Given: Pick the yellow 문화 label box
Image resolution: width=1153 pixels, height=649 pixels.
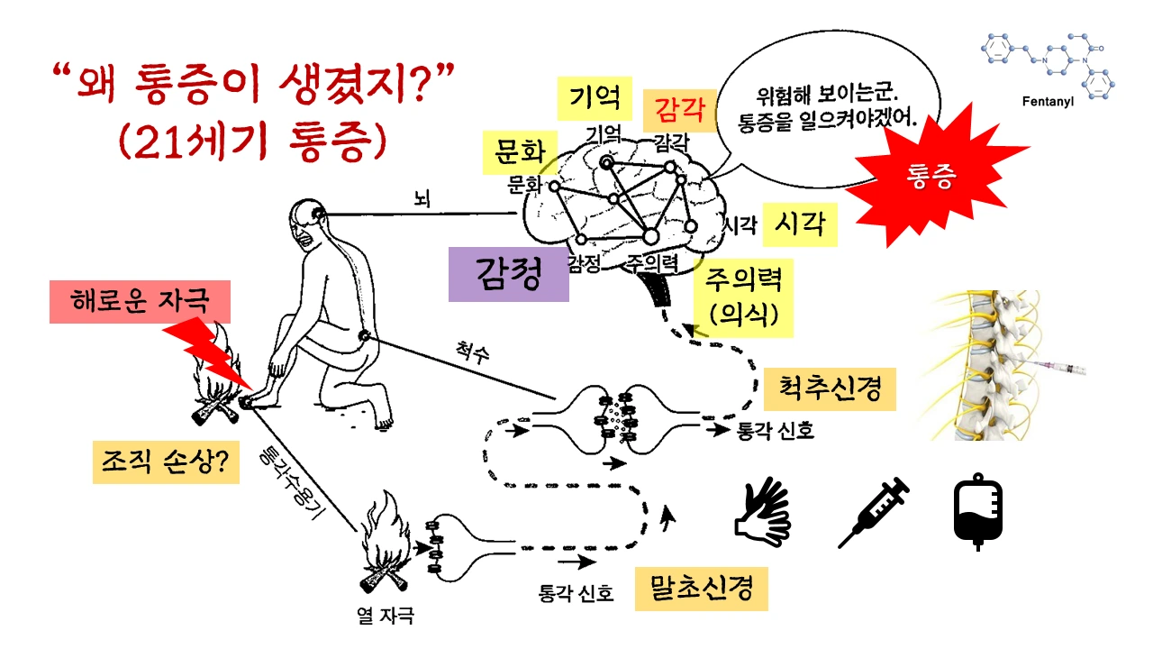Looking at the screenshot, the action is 521,153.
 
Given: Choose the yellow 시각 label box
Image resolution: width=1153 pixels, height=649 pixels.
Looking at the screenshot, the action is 800,224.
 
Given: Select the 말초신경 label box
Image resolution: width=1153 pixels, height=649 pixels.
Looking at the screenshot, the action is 701,589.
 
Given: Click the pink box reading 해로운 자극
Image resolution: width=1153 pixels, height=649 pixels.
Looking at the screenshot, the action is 141,300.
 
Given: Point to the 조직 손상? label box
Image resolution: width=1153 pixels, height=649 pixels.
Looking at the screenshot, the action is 166,462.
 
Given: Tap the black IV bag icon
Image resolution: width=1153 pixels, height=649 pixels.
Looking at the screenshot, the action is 977,514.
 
